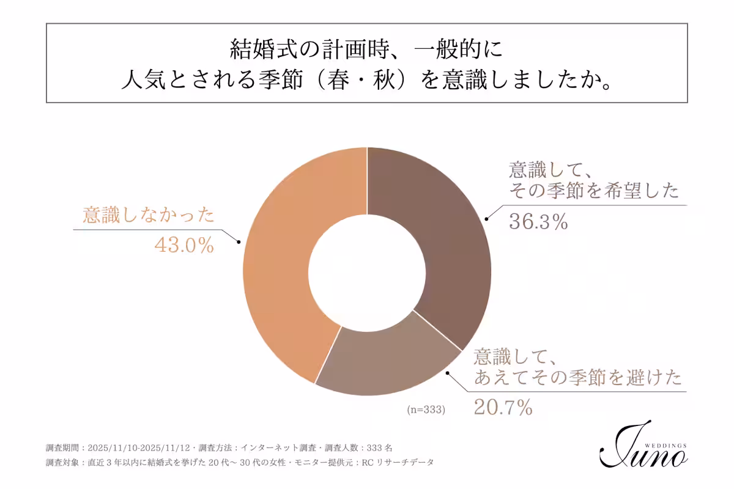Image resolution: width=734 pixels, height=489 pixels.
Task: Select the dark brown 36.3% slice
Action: coord(440,232)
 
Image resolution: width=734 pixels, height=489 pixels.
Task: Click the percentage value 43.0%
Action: coord(183,246)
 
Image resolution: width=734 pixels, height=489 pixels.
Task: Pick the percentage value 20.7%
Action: coord(503,407)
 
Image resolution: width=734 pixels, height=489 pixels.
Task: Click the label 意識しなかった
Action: coord(149,215)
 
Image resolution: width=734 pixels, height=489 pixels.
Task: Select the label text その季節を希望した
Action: coord(594,191)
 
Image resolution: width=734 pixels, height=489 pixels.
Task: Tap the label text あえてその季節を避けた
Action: coord(578,377)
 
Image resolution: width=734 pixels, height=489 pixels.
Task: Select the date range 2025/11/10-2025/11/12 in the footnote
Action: coord(140,447)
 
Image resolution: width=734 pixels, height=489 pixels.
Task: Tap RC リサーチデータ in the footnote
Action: coord(398,462)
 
